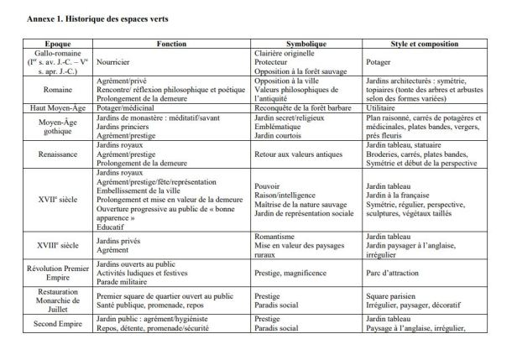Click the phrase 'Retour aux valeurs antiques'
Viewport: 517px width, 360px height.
[x=300, y=154]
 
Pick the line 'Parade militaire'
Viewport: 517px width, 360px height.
[x=127, y=279]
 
